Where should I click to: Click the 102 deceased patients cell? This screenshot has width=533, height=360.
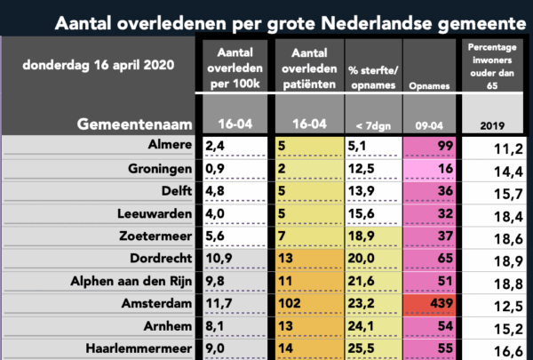pyautogui.click(x=308, y=305)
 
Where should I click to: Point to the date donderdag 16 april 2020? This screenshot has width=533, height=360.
pyautogui.click(x=99, y=65)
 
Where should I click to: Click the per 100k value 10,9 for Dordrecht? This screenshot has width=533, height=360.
pyautogui.click(x=237, y=259)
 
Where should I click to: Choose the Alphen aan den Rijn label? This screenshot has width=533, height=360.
pyautogui.click(x=130, y=282)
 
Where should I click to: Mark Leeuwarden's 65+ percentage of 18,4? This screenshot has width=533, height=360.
pyautogui.click(x=494, y=212)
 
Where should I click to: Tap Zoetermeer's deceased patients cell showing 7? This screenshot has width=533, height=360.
pyautogui.click(x=308, y=236)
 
